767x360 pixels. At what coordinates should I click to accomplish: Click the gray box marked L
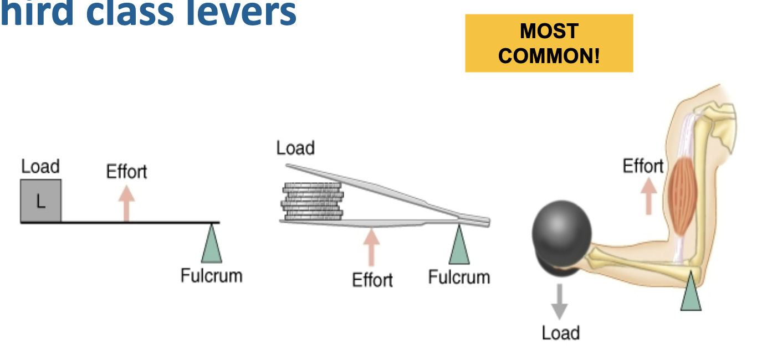(x=41, y=201)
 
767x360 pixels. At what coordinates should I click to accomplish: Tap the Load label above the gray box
(x=40, y=167)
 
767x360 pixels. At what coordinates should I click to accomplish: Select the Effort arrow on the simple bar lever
(x=127, y=203)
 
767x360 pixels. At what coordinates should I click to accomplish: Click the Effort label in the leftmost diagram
(x=127, y=172)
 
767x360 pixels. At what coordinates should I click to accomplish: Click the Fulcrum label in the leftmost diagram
(x=211, y=275)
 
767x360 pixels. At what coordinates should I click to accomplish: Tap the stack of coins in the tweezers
(x=313, y=202)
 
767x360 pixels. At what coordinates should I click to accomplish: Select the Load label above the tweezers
(x=295, y=148)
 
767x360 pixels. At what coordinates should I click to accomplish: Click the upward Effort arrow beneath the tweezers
(x=371, y=247)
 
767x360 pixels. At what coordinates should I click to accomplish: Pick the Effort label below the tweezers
(x=372, y=280)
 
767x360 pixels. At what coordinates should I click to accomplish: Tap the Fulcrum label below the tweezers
(x=459, y=277)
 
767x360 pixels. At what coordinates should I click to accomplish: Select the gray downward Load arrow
(x=560, y=301)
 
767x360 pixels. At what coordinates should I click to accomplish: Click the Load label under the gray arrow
(x=561, y=333)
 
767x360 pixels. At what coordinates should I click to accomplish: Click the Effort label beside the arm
(x=643, y=166)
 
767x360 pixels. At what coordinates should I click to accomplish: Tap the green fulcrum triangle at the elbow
(x=691, y=292)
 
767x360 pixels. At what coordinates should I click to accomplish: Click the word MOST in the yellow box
(x=549, y=32)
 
